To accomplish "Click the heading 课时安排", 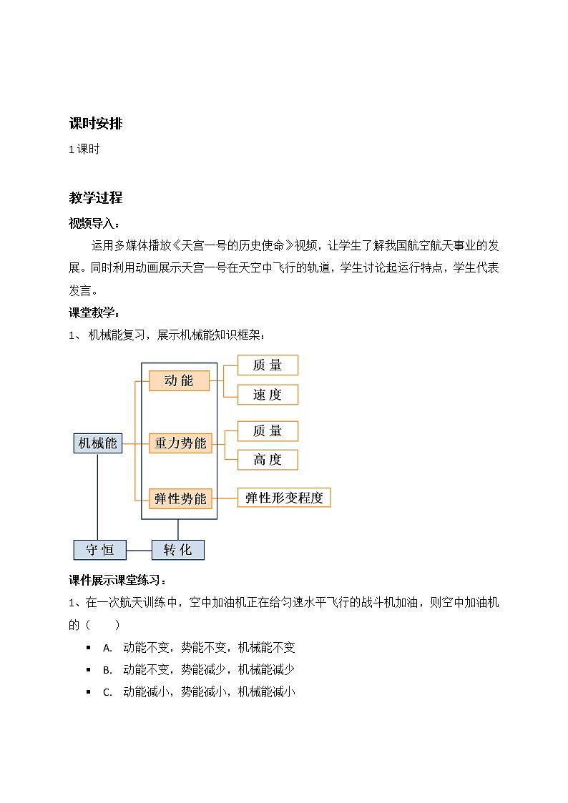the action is point(95,124).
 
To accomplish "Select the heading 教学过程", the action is point(95,198).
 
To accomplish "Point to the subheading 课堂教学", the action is point(94,312).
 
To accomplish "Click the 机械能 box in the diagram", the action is point(97,443).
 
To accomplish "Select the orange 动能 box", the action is point(180,381).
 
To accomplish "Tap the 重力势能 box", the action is point(180,443).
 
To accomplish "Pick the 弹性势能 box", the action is point(180,498).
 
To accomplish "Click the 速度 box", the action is point(268,395).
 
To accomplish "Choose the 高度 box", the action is point(268,460).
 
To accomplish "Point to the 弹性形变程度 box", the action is point(284,498).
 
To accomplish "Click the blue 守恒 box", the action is point(100,550).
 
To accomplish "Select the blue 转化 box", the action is point(177,550).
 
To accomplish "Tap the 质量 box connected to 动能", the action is point(268,365).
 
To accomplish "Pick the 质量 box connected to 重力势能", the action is point(268,431).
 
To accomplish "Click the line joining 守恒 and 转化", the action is point(139,550).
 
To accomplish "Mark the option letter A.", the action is point(107,649).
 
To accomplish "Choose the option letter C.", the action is point(107,692).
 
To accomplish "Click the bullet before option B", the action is point(88,670).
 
